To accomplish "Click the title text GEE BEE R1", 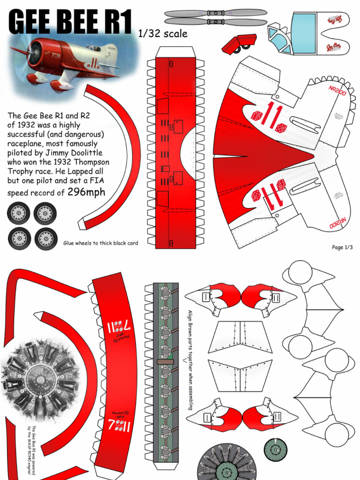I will tap(70, 22).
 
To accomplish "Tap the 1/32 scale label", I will tap(163, 34).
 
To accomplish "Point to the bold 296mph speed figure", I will tap(86, 192).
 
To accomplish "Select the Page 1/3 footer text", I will tap(342, 247).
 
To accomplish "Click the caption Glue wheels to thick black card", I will tap(101, 243).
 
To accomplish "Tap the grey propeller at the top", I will tap(215, 17).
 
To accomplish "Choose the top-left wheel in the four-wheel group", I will tap(18, 214).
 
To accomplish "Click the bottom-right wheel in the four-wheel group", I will tap(46, 239).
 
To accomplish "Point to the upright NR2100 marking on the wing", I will tap(337, 90).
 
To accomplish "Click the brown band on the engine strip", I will tap(165, 362).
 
